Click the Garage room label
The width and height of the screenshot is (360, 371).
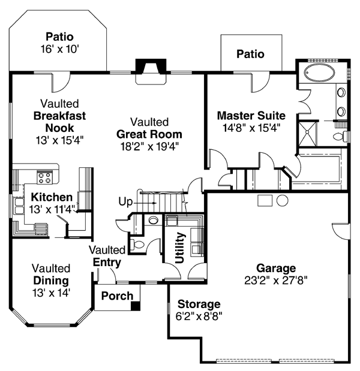pos(276,268)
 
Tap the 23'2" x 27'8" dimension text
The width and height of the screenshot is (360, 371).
pos(276,279)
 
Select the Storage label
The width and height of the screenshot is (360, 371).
pos(199,304)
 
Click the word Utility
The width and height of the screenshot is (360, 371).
pos(179,248)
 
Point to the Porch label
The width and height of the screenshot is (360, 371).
pos(116,295)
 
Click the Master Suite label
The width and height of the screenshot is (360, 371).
pos(251,115)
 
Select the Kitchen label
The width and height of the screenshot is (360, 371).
pos(52,197)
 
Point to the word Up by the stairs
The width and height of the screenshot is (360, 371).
pos(125,202)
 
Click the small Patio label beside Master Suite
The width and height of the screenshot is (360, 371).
pos(250,54)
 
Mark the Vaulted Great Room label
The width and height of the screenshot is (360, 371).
pos(149,134)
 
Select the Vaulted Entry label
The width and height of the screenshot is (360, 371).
pos(107,256)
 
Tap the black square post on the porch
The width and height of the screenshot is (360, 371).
pos(136,306)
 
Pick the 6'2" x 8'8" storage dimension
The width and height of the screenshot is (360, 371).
pos(199,316)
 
